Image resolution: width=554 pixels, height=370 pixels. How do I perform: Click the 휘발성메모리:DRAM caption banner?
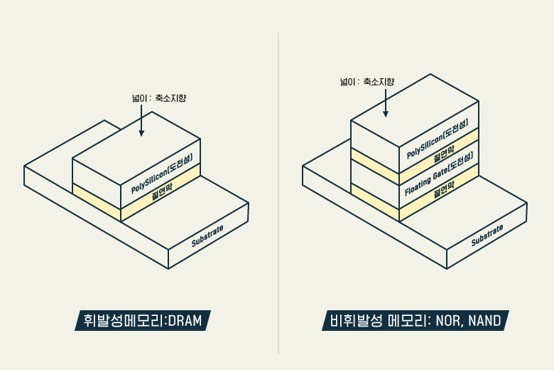pos(143,322)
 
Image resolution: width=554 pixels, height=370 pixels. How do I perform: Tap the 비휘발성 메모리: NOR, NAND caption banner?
pos(415,322)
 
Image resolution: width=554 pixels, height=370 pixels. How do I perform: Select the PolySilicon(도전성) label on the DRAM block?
pos(162,174)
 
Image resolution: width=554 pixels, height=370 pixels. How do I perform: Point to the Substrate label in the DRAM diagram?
pos(207,236)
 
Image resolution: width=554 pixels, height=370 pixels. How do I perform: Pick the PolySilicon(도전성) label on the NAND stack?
pos(438,139)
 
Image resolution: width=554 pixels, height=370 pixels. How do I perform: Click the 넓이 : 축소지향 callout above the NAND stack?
pos(366,82)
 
